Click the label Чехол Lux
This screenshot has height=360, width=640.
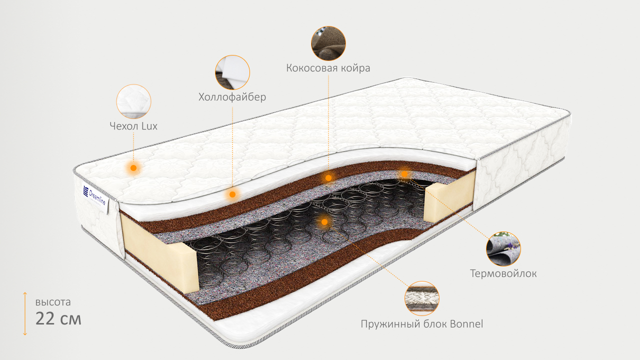tap(133, 126)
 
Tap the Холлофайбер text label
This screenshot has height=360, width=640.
tap(232, 97)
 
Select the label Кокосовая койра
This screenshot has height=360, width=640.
tap(328, 68)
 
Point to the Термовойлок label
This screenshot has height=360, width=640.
tap(503, 273)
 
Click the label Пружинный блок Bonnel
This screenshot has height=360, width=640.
tap(422, 324)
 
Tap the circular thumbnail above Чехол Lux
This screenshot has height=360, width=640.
tap(133, 101)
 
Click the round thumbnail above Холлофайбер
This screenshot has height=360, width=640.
tap(232, 72)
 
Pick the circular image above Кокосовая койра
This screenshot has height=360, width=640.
tap(328, 43)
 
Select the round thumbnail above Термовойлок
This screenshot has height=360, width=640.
tap(503, 248)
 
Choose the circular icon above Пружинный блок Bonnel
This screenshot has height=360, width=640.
tap(422, 298)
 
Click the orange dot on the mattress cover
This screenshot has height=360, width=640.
tap(133, 168)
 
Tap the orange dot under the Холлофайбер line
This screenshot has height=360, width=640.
tap(232, 194)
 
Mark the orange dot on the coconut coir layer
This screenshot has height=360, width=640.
tap(328, 177)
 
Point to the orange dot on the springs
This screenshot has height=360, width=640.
tap(324, 221)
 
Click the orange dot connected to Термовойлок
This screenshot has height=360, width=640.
tap(404, 174)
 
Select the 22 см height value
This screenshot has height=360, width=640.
tap(58, 318)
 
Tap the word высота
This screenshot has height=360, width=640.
tap(53, 302)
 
